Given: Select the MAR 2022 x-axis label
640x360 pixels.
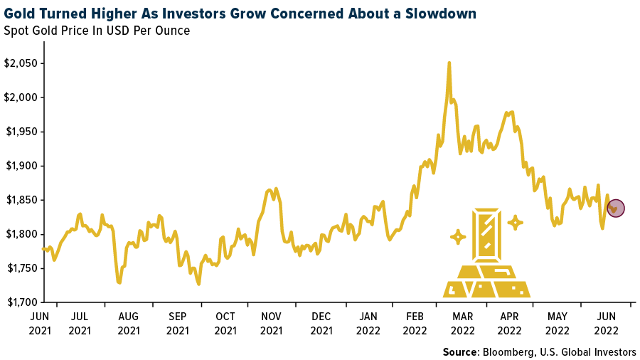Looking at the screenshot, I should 462,324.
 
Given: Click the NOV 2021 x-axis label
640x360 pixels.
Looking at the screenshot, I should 272,324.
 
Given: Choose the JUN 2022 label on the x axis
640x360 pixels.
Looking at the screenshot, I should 606,324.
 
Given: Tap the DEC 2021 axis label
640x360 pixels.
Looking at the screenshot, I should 321,324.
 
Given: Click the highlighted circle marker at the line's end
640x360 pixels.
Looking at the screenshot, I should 616,208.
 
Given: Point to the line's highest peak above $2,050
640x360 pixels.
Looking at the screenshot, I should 449,63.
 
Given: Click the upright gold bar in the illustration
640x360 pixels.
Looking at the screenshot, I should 488,235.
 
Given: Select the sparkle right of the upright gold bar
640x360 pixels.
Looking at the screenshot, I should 516,223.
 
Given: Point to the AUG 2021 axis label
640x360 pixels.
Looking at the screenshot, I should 129,324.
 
